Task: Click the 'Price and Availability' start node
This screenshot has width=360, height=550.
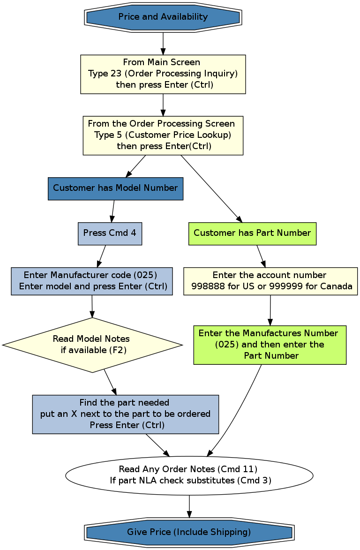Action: click(x=163, y=17)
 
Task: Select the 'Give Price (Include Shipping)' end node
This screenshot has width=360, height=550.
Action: click(x=189, y=532)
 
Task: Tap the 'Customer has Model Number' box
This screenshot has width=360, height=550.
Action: click(x=115, y=188)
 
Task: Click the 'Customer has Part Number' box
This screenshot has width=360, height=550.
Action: click(x=252, y=233)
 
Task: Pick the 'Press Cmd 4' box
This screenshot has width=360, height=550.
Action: click(x=110, y=233)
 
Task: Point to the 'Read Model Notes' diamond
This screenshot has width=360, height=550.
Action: click(x=92, y=345)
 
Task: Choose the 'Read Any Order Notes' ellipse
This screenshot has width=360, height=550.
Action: click(x=189, y=475)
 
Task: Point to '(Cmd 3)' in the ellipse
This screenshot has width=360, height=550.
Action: click(x=254, y=481)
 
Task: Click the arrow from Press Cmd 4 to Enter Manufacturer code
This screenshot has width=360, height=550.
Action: click(x=102, y=256)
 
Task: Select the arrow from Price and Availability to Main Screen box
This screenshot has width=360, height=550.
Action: click(x=163, y=43)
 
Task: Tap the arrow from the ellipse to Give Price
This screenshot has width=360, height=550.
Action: click(x=189, y=506)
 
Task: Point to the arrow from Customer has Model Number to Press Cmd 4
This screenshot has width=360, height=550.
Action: click(x=113, y=211)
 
